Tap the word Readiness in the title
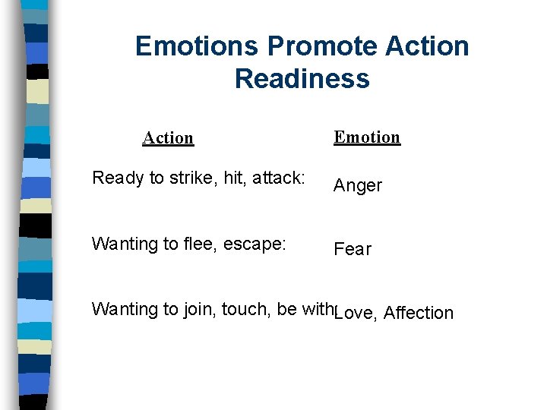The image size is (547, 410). point(302,78)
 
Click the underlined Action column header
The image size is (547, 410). point(168,137)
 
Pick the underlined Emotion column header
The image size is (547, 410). point(367,137)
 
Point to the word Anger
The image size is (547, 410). point(358,185)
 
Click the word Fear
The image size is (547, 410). point(353,249)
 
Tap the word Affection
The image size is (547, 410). point(419,313)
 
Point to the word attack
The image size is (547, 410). point(277,178)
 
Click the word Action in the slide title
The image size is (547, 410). point(427,46)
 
